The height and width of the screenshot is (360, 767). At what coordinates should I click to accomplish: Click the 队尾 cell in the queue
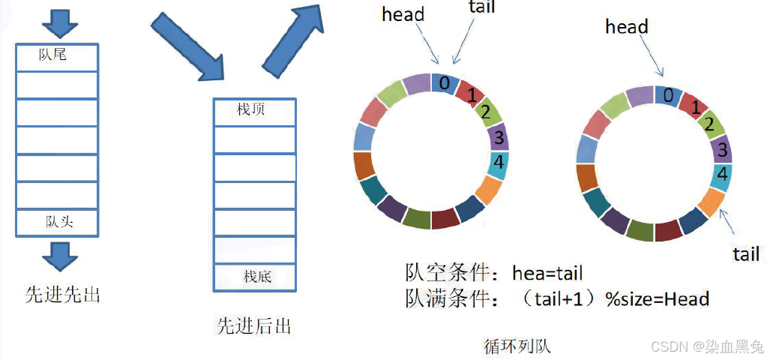click(x=57, y=55)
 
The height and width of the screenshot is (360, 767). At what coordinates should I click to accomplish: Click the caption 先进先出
click(x=63, y=295)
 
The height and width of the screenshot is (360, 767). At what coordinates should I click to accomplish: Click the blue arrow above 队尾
click(x=59, y=25)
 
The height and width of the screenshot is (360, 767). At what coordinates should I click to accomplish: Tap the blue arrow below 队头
click(x=59, y=256)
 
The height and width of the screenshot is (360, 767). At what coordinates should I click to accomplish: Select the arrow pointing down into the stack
click(x=187, y=46)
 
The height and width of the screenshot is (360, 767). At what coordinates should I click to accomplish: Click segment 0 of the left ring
click(x=445, y=82)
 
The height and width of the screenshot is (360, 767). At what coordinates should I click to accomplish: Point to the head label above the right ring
click(x=626, y=27)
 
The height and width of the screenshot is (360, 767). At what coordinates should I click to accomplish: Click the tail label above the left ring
click(x=481, y=9)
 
